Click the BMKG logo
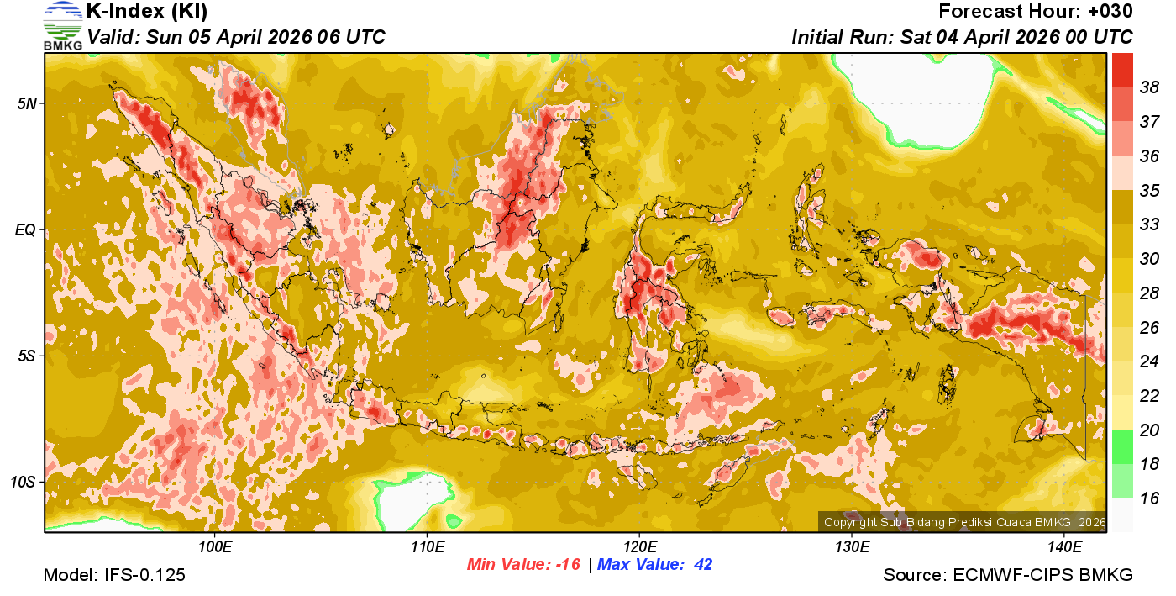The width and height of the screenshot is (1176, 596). pyautogui.click(x=62, y=25)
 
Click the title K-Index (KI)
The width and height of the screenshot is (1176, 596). pyautogui.click(x=147, y=12)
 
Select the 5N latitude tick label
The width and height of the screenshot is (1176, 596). pyautogui.click(x=27, y=103)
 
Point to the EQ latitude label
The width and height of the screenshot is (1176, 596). pyautogui.click(x=27, y=229)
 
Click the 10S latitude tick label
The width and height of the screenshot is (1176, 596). pyautogui.click(x=24, y=482)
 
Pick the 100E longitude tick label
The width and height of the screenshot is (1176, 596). pyautogui.click(x=215, y=547)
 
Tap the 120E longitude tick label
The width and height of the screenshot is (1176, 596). pyautogui.click(x=639, y=547)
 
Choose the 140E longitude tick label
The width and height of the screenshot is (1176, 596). pyautogui.click(x=1063, y=547)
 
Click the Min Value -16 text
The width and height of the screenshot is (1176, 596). pyautogui.click(x=524, y=565)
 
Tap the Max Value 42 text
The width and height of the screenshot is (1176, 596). pyautogui.click(x=654, y=565)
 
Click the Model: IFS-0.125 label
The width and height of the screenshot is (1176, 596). pyautogui.click(x=114, y=576)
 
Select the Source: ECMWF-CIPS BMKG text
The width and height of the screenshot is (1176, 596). pyautogui.click(x=1008, y=576)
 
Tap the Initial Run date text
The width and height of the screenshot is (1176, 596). pyautogui.click(x=962, y=37)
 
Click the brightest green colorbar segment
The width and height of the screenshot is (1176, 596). pyautogui.click(x=1122, y=446)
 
